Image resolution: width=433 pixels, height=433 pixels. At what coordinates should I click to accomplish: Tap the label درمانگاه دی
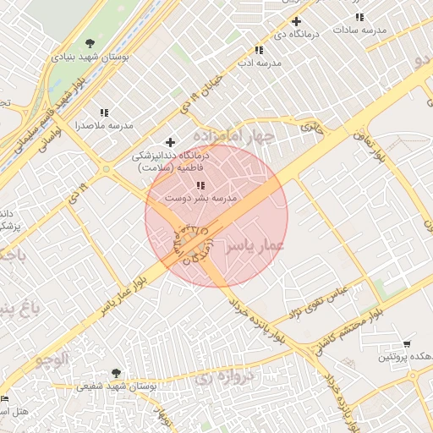(297, 34)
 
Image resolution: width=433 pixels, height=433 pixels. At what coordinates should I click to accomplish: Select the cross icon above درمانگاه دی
(296, 21)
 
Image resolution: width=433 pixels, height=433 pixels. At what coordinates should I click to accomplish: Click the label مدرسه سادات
(359, 30)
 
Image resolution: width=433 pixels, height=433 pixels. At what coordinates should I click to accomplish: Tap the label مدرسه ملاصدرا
(104, 125)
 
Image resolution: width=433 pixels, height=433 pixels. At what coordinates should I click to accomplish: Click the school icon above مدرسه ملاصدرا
(104, 112)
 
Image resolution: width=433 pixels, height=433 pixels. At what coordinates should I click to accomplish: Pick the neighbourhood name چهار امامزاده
(234, 135)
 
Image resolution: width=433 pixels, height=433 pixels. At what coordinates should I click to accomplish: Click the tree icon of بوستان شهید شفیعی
(116, 373)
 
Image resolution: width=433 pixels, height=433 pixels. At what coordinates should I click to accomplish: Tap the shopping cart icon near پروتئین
(408, 344)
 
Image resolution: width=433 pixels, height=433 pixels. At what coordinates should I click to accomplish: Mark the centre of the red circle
(216, 216)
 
